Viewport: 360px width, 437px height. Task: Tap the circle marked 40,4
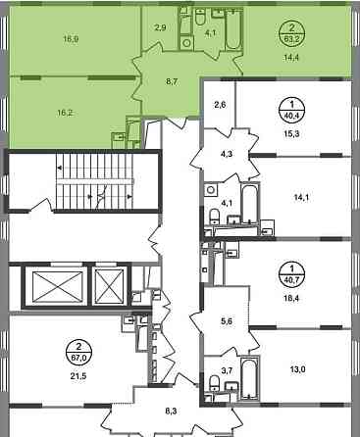291,110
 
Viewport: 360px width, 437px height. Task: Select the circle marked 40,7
291,275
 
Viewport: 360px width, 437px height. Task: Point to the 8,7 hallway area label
172,82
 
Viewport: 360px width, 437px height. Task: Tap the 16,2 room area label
65,113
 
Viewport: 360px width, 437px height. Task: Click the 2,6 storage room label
220,105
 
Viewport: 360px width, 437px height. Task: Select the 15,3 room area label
292,133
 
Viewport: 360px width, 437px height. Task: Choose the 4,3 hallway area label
227,153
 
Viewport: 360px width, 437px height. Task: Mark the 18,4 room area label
292,298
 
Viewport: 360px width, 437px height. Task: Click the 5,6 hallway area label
227,321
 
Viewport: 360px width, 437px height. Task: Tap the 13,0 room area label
297,369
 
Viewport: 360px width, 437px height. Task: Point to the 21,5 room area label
78,376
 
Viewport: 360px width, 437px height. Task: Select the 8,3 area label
172,412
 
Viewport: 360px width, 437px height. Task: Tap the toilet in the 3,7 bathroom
214,382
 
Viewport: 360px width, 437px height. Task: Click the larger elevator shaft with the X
58,286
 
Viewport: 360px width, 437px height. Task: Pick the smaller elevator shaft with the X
110,286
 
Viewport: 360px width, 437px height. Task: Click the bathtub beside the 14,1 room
250,204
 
